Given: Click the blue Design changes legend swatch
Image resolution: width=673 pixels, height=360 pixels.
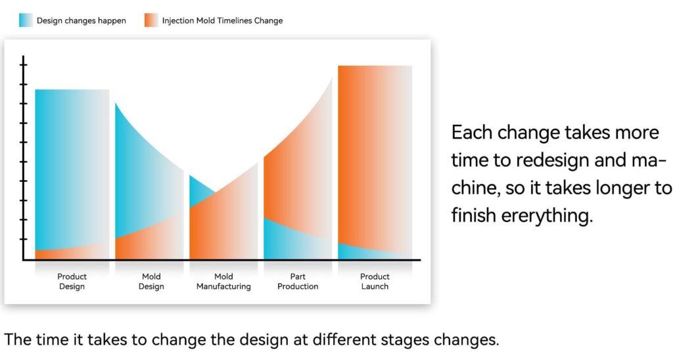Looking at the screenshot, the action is pyautogui.click(x=26, y=20).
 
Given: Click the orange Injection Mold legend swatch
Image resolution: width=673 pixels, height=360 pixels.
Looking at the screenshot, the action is pyautogui.click(x=151, y=20).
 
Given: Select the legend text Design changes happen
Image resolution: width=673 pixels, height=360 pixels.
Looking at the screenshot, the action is pyautogui.click(x=81, y=20).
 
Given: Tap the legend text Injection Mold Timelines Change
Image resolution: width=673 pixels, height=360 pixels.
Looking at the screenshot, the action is pyautogui.click(x=222, y=20).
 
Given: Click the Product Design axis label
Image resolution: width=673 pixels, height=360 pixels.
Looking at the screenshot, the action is pyautogui.click(x=72, y=281).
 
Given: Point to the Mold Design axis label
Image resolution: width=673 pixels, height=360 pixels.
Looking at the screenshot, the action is pyautogui.click(x=151, y=281).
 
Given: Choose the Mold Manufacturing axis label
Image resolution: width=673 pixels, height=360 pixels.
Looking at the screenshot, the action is pyautogui.click(x=223, y=281).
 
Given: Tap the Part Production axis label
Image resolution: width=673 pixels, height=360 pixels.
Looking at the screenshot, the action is pyautogui.click(x=298, y=281).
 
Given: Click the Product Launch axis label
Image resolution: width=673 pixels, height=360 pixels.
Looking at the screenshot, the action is pyautogui.click(x=375, y=281).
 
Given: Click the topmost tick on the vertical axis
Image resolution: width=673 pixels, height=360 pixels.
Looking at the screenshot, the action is pyautogui.click(x=23, y=65).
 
